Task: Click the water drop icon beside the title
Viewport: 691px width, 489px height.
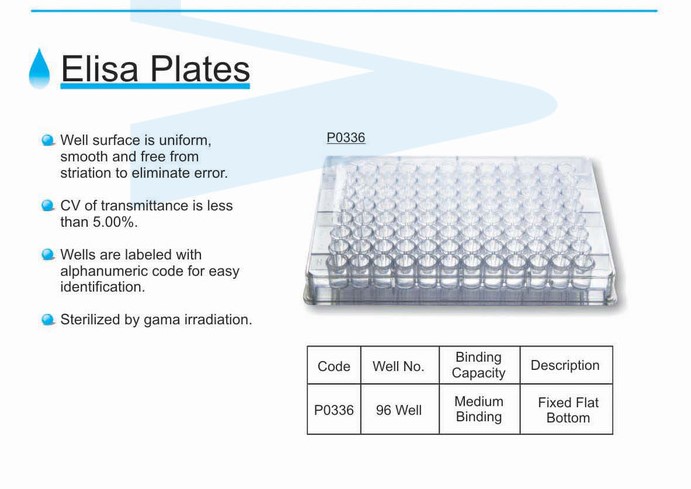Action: tap(39, 69)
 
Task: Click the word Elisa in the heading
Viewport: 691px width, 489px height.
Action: tap(100, 69)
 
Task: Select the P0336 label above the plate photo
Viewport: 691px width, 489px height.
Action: tap(346, 137)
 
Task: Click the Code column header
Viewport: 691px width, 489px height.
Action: tap(334, 366)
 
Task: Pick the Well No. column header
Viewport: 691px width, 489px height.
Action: tap(398, 366)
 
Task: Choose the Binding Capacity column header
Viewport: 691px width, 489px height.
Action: tap(479, 365)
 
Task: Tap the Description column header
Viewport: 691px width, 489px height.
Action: tap(565, 365)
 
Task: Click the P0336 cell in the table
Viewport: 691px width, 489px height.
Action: tap(334, 410)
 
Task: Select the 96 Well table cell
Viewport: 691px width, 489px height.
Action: tap(399, 410)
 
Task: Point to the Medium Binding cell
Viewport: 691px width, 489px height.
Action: tap(479, 409)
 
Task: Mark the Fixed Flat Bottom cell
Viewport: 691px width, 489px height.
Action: tap(568, 410)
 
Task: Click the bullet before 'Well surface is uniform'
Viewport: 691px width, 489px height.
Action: tap(48, 141)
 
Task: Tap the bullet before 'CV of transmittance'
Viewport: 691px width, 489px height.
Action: tap(48, 206)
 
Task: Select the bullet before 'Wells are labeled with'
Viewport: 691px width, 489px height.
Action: tap(48, 255)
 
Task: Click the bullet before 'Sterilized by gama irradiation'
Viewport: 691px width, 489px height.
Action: tap(48, 320)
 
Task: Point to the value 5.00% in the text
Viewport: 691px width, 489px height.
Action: tap(115, 222)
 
